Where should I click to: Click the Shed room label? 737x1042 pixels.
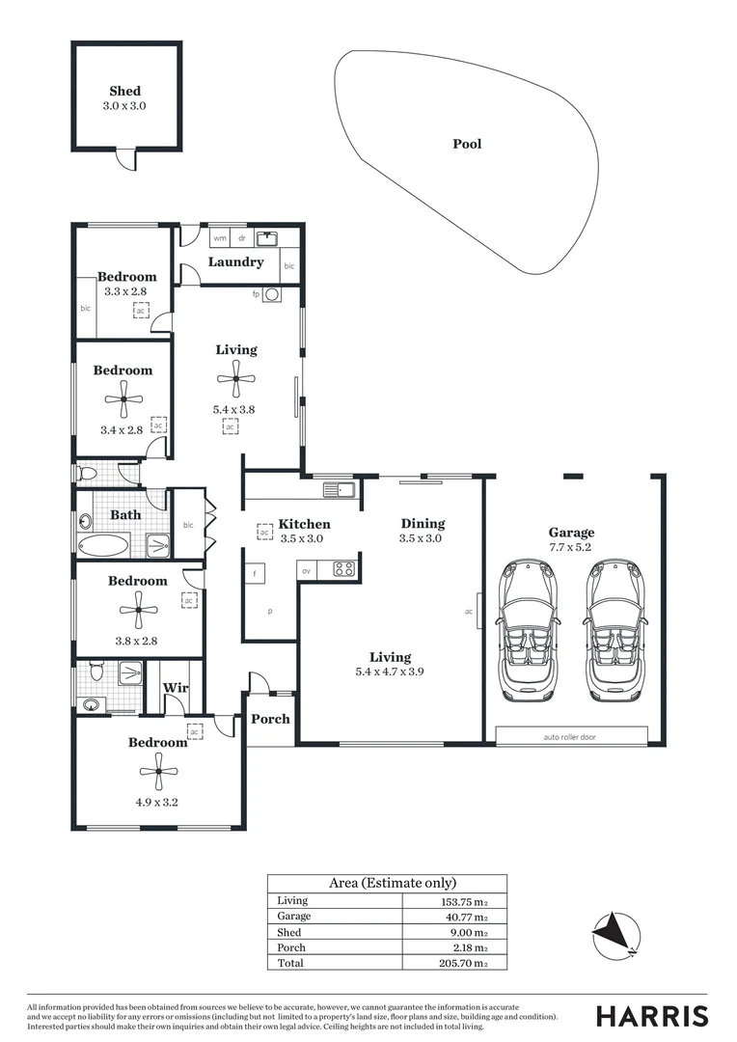click(x=124, y=92)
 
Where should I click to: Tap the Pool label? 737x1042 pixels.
click(x=467, y=144)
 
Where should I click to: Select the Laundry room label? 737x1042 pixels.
click(x=236, y=261)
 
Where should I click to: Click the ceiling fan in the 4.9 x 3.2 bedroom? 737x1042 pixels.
click(x=157, y=765)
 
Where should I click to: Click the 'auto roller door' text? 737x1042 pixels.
click(x=571, y=737)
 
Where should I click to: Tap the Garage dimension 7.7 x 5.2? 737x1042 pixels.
click(x=572, y=547)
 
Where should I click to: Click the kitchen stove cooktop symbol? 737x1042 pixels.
click(x=343, y=568)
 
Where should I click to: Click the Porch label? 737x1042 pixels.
click(x=270, y=719)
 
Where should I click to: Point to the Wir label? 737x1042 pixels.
click(x=175, y=688)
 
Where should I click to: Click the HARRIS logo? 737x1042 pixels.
click(x=651, y=1016)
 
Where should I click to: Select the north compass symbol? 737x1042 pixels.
click(x=615, y=934)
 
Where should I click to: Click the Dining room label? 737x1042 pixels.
click(x=423, y=524)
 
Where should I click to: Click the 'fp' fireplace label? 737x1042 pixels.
click(x=257, y=293)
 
